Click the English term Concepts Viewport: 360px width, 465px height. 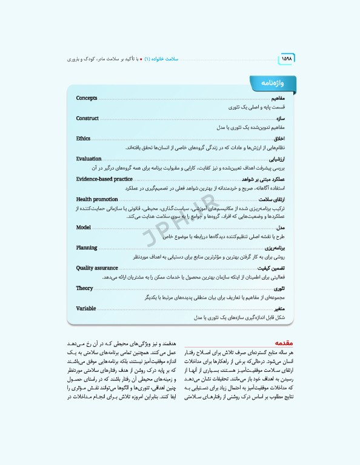point(87,98)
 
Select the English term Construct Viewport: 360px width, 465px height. point(87,119)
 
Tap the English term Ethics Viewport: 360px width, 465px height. point(83,139)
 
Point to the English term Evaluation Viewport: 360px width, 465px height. point(88,159)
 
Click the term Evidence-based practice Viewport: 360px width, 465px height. point(104,179)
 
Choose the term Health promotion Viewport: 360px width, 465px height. point(97,199)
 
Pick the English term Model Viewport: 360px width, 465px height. point(83,227)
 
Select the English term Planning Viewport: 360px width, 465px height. point(87,248)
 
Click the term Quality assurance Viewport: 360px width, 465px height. point(97,268)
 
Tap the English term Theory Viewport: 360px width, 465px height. point(84,288)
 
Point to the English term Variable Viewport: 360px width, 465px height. point(86,308)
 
